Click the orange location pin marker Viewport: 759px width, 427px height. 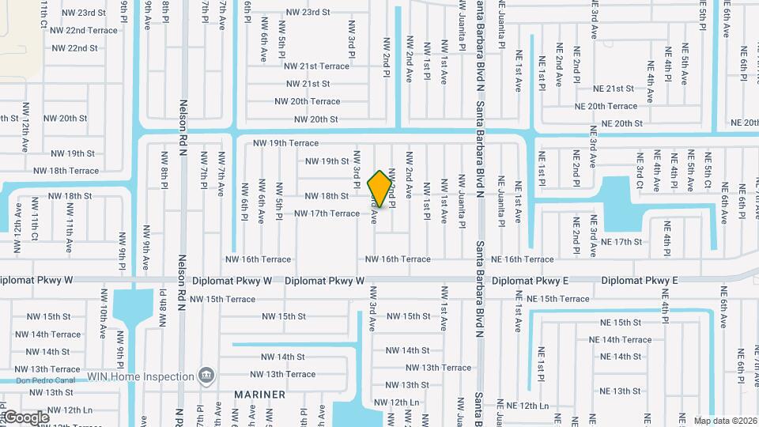[x=380, y=188]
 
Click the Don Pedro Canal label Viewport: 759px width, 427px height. [x=40, y=380]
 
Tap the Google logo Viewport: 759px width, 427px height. [x=26, y=417]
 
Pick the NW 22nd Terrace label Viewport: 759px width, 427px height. [x=85, y=30]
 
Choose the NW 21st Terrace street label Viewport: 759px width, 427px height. [x=316, y=66]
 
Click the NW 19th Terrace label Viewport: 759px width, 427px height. [x=285, y=143]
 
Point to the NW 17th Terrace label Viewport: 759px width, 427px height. [x=327, y=213]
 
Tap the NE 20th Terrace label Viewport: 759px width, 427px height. [x=606, y=106]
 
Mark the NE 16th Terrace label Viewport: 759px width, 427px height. [x=523, y=259]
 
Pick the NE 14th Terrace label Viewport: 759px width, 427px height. [x=621, y=340]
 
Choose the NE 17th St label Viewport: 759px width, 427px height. [x=621, y=242]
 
